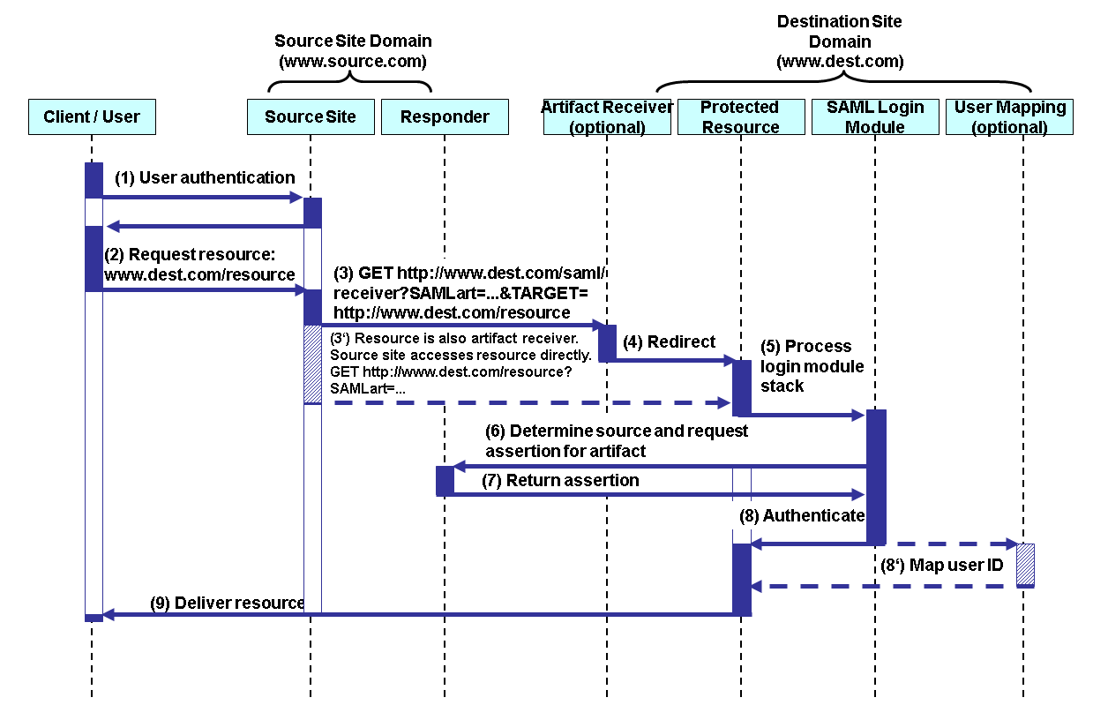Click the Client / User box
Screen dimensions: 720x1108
(x=92, y=116)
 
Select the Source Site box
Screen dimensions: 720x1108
(x=311, y=116)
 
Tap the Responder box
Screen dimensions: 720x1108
(x=445, y=116)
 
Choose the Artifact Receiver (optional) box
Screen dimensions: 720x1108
(x=607, y=116)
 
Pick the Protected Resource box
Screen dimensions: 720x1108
(x=740, y=116)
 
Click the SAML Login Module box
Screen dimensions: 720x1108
(x=875, y=116)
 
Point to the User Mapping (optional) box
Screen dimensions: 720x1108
(x=1009, y=116)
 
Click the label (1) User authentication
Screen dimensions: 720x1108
(x=205, y=177)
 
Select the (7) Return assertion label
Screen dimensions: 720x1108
(x=560, y=481)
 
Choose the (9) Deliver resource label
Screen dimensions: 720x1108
(x=227, y=604)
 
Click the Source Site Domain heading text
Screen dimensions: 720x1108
(x=353, y=41)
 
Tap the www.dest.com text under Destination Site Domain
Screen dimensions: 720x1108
(x=839, y=62)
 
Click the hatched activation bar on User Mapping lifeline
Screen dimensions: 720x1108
(x=1024, y=565)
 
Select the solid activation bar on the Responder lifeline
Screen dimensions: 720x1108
(x=445, y=481)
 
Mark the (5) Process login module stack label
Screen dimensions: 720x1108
(x=812, y=365)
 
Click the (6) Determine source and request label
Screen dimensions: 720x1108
(x=616, y=431)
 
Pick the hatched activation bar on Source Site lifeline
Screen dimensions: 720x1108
(x=312, y=364)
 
